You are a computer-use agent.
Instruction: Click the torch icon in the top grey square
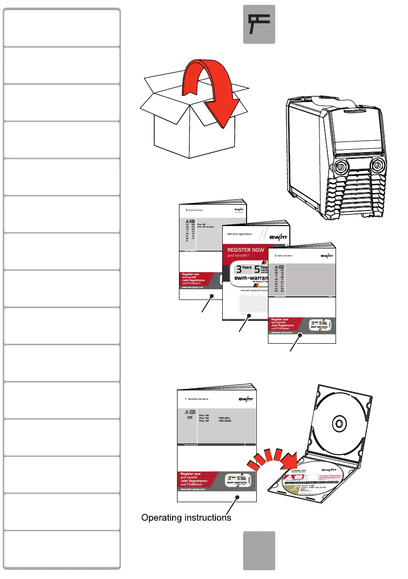tap(259, 24)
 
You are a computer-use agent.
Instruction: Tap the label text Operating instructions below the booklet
tap(186, 518)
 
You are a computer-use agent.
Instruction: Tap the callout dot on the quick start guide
tap(212, 296)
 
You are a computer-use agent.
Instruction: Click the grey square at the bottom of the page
tap(259, 550)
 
